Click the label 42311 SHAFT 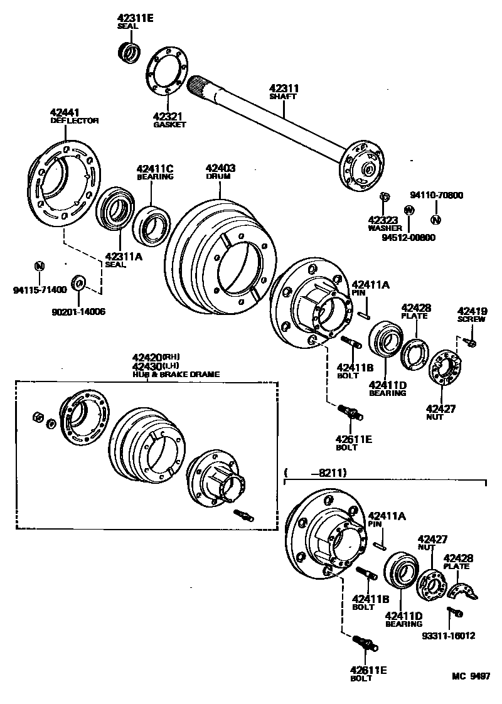284,93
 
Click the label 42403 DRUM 220,172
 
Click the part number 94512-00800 409,238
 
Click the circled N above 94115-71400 39,266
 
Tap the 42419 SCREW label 472,314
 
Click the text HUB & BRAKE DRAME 176,375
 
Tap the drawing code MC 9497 470,676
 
